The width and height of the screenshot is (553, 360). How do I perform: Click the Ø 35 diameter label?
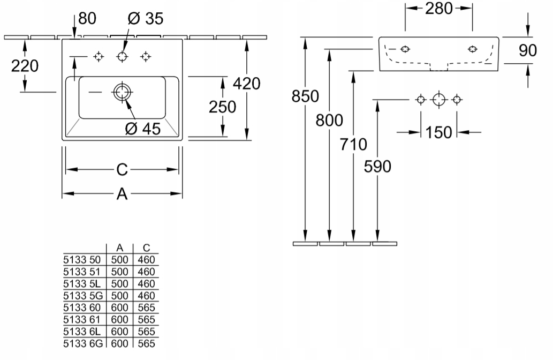[145, 18]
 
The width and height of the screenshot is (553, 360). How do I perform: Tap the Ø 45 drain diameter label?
[143, 129]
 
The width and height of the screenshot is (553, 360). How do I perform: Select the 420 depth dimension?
[247, 84]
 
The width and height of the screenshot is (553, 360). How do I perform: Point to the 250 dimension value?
[222, 107]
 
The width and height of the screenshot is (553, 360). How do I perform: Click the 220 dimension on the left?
[25, 66]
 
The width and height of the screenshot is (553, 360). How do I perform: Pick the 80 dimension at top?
[87, 18]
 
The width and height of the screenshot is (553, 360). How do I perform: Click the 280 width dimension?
[439, 9]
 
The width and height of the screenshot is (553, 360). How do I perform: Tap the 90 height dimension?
[528, 50]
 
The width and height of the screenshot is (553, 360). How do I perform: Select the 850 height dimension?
[305, 96]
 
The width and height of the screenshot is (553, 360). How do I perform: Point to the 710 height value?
[353, 144]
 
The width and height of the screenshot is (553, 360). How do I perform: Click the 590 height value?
[377, 167]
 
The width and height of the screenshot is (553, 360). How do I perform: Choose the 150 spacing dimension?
[439, 133]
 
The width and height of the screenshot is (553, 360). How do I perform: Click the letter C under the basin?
[122, 170]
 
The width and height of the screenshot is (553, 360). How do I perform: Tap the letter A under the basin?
[122, 194]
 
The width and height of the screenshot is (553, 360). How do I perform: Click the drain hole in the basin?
[122, 92]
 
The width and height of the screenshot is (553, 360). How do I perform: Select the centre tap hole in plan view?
[122, 56]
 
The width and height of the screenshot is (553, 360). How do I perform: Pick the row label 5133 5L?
[82, 284]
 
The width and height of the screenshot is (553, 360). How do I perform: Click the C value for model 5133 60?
[146, 307]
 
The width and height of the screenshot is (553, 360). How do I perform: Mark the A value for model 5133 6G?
[119, 344]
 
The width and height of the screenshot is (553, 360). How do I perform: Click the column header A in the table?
[119, 247]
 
